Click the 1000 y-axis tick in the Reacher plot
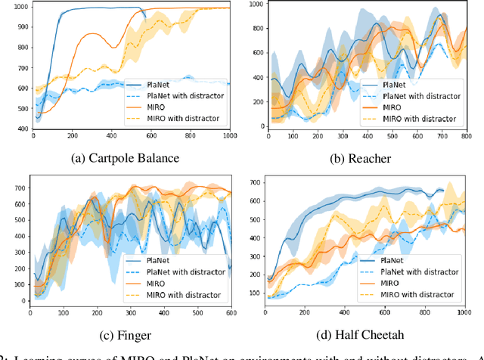(x=255, y=5)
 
